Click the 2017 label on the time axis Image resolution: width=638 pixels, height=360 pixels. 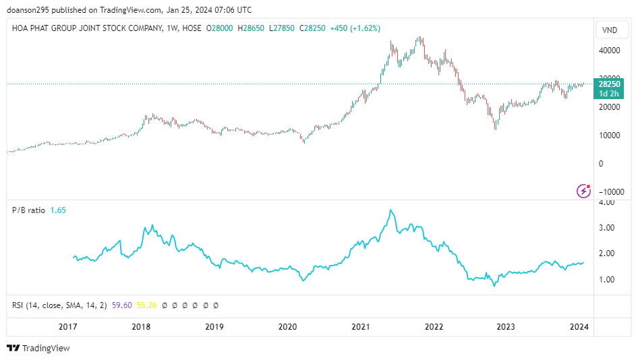coord(68,327)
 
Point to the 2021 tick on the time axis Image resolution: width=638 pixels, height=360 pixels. coord(360,327)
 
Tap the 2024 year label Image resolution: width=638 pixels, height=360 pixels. coord(579,327)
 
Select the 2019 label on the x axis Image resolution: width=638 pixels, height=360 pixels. coord(214,327)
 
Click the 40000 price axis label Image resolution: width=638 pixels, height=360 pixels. coord(609,51)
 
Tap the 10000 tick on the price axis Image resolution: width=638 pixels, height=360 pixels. coord(609,136)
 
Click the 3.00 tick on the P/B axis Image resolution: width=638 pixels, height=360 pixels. coord(606,228)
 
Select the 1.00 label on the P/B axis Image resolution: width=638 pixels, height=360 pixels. coord(606,280)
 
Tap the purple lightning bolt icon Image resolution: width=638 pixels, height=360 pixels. coord(584,191)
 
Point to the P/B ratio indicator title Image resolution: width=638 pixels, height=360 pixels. coord(28,210)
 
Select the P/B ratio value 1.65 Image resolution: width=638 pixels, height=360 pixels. coord(58,210)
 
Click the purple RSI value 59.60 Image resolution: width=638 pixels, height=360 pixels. coord(122,305)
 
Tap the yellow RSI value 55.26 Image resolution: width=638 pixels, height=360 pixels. coord(146,305)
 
